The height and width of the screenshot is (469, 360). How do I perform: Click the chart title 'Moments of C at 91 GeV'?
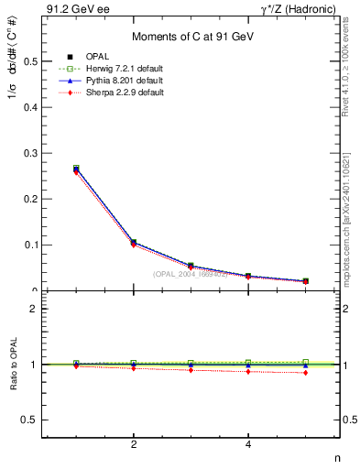tap(191, 36)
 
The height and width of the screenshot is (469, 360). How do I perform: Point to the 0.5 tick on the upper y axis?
tap(29, 61)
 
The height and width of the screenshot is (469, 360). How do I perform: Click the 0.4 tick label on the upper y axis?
tap(29, 107)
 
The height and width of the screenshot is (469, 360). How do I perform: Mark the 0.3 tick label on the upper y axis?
tap(29, 153)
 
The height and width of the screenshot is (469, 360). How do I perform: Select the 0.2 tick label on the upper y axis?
tap(29, 199)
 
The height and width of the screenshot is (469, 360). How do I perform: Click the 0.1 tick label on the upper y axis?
tap(29, 245)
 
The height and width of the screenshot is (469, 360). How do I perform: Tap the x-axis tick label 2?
tap(134, 445)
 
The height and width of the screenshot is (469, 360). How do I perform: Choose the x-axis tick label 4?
tap(248, 445)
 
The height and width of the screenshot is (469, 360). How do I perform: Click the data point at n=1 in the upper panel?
tap(76, 169)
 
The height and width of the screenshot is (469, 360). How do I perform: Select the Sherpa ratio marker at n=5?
tap(305, 373)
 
